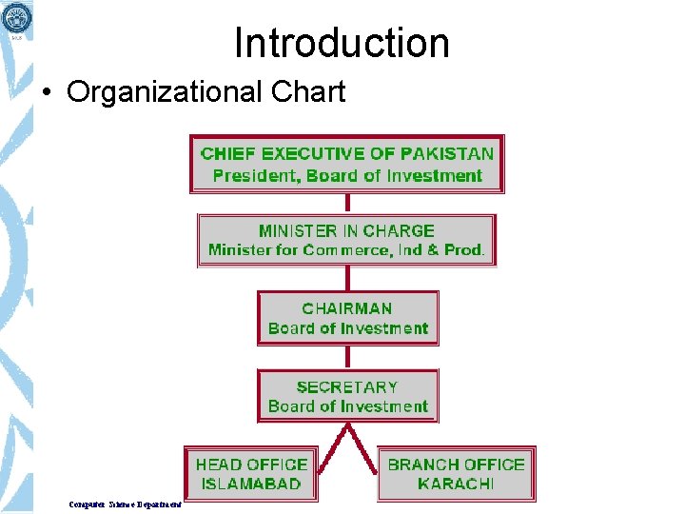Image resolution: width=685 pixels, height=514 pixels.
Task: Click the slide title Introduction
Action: tap(342, 43)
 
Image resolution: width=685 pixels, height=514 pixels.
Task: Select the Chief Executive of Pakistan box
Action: tap(347, 164)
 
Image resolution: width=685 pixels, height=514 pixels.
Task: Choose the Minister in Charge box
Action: tap(346, 240)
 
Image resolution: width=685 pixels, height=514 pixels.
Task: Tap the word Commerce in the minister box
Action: tap(358, 250)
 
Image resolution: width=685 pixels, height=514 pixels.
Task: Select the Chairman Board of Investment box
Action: tap(347, 318)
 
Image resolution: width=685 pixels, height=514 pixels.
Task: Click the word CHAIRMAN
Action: tap(347, 308)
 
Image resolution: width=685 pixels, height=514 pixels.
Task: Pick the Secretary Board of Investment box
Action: tap(347, 396)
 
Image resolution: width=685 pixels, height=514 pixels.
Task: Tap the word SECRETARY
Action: tap(347, 386)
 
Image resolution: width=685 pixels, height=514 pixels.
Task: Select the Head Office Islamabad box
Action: tap(251, 474)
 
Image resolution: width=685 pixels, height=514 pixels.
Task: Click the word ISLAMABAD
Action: tap(251, 484)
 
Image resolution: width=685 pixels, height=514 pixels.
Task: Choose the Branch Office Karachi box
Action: tap(456, 474)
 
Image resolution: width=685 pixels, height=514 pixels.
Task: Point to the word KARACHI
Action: tap(456, 484)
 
